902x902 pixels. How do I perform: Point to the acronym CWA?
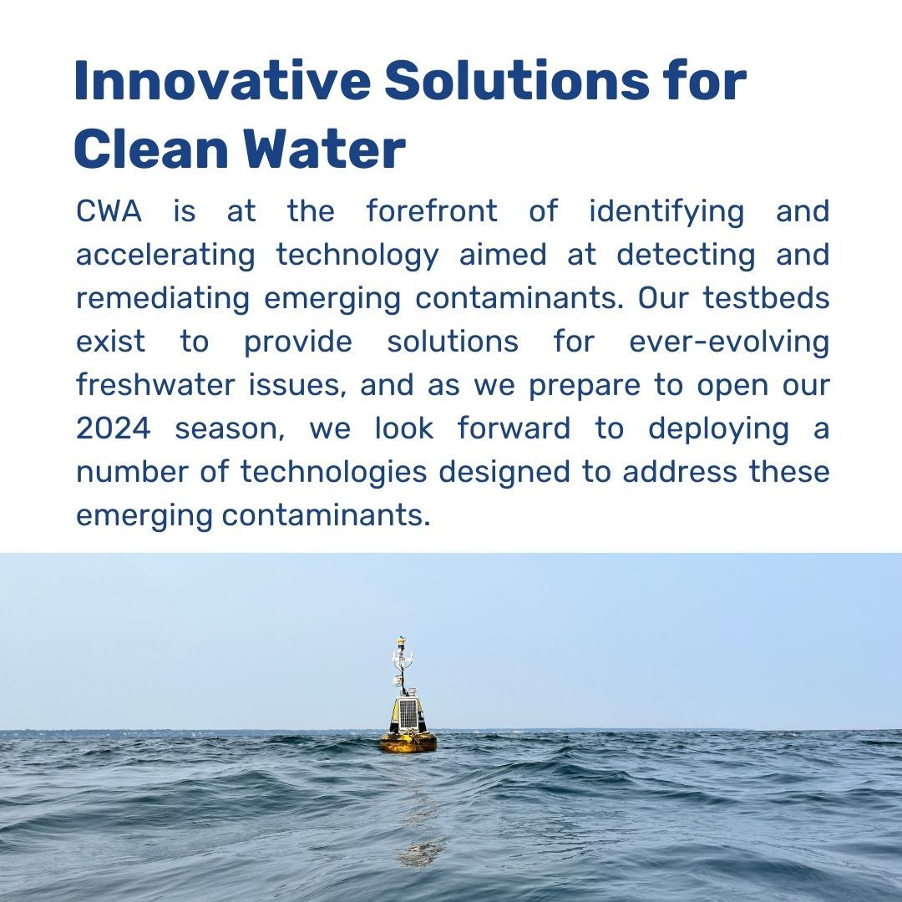tap(109, 212)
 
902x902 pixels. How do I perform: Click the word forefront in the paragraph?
tap(432, 212)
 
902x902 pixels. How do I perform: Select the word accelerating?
tap(165, 256)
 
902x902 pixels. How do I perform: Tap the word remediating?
tap(163, 299)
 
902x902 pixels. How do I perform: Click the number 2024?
tap(114, 429)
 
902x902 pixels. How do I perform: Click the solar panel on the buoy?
tap(407, 712)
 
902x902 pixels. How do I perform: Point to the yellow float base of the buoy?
tap(408, 741)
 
